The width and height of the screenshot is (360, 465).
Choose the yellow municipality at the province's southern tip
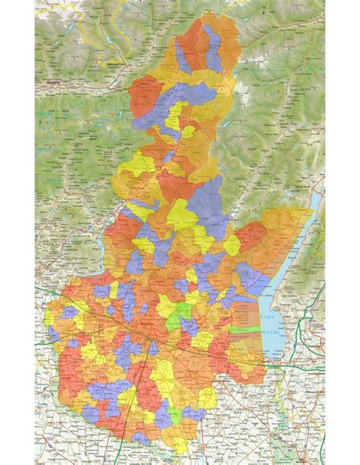pos(141,438)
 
